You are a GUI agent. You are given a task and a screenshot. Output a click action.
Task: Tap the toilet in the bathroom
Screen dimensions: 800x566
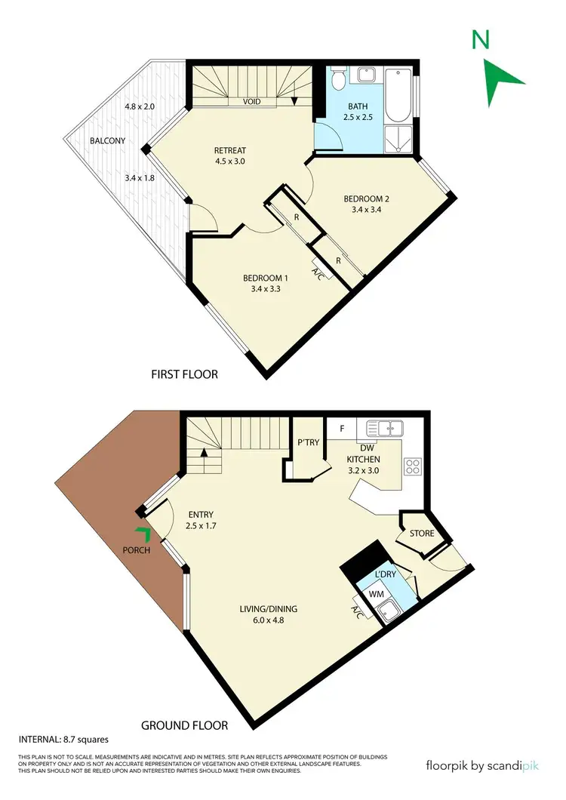[339, 79]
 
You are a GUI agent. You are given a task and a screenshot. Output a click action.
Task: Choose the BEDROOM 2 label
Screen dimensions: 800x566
[366, 199]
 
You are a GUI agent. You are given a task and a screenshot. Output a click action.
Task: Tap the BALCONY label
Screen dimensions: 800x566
[108, 140]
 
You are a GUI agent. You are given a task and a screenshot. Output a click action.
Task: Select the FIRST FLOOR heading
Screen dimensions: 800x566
[184, 374]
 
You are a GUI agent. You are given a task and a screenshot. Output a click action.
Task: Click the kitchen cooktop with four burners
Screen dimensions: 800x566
[413, 466]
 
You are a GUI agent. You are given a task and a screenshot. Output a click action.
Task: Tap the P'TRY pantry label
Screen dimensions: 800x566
[307, 442]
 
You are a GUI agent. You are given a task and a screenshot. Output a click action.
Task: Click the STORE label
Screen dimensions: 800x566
[422, 534]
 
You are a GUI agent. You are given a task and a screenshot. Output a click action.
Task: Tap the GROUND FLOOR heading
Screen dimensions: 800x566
[184, 725]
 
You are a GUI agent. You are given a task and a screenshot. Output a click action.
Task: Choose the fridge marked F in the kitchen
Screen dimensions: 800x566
[342, 429]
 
